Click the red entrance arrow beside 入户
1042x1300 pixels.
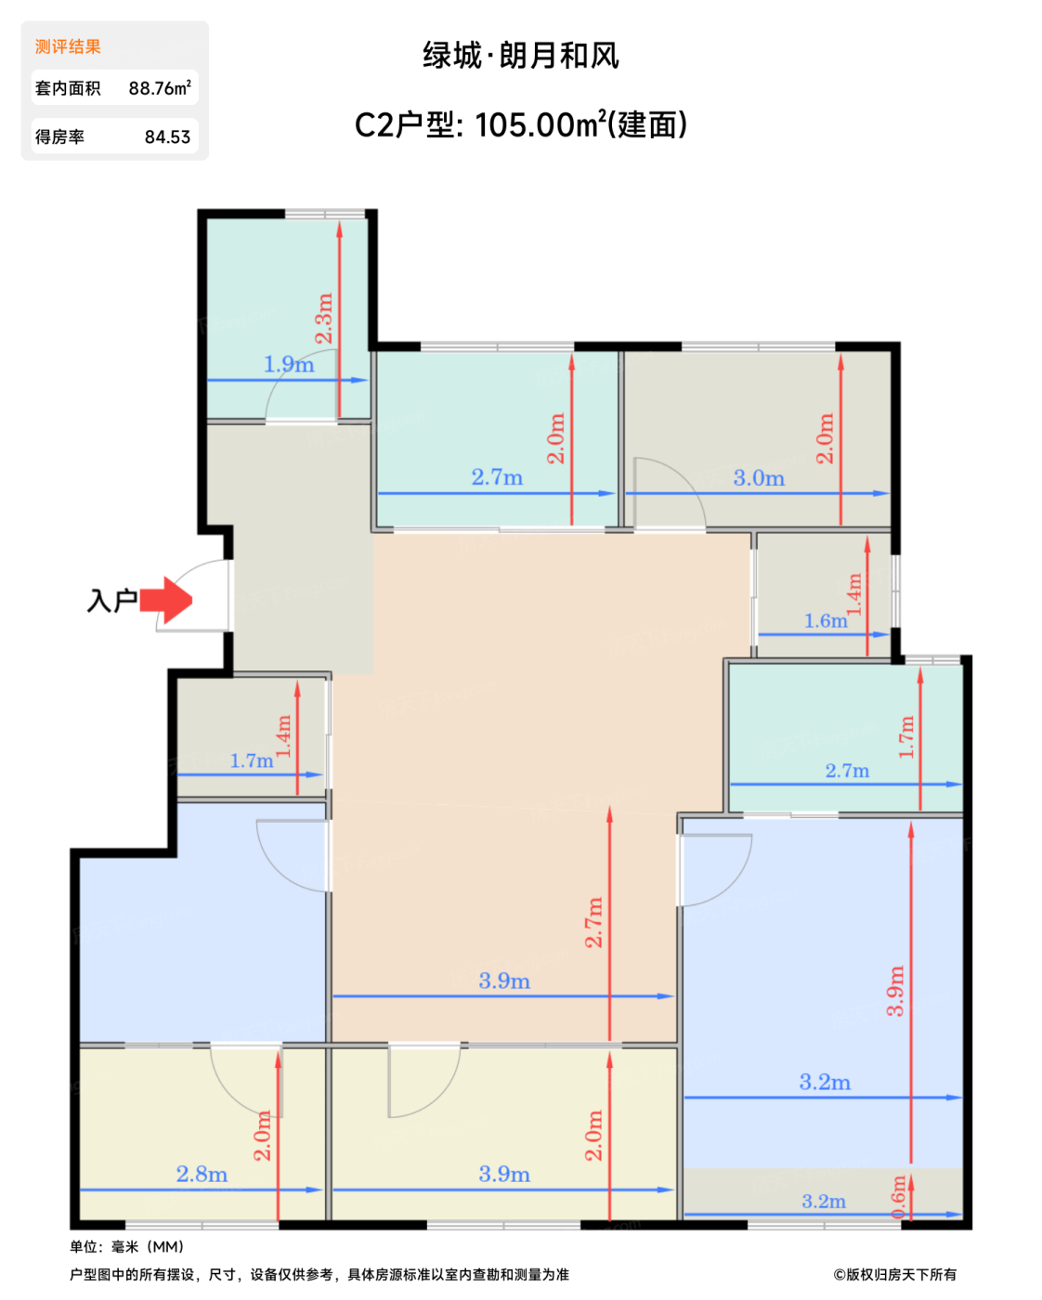coord(165,600)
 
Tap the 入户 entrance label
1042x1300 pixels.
coord(112,601)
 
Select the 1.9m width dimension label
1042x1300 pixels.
coord(289,364)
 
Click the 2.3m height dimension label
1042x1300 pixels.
coord(324,318)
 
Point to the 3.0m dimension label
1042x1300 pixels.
coord(759,478)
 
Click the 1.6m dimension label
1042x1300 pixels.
coord(826,620)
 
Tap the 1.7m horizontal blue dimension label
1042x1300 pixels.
coord(252,760)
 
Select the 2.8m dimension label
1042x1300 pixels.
coord(202,1175)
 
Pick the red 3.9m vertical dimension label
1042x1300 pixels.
coord(895,992)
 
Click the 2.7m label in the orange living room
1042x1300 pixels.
coord(593,922)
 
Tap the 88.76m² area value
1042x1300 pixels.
coord(160,87)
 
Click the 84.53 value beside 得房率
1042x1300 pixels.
coord(167,137)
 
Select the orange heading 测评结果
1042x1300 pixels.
coord(68,46)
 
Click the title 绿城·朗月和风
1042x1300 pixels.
coord(520,56)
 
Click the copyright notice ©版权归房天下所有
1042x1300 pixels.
coord(895,1275)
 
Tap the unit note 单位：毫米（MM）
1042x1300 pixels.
coord(127,1247)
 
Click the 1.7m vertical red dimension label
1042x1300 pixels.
coord(906,737)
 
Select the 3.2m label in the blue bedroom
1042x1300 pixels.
coord(825,1082)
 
